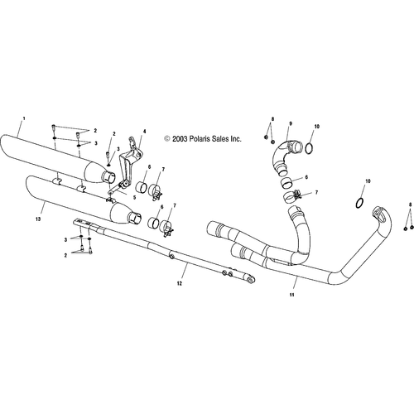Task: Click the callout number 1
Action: [x=24, y=118]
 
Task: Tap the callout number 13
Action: [x=38, y=219]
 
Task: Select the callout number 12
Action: [x=180, y=283]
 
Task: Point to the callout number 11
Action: [x=292, y=295]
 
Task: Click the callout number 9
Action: [x=291, y=123]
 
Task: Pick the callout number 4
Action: [x=144, y=131]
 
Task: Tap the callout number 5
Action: [x=134, y=198]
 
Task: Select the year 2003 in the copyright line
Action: [x=180, y=138]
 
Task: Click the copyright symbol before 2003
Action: [x=167, y=138]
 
